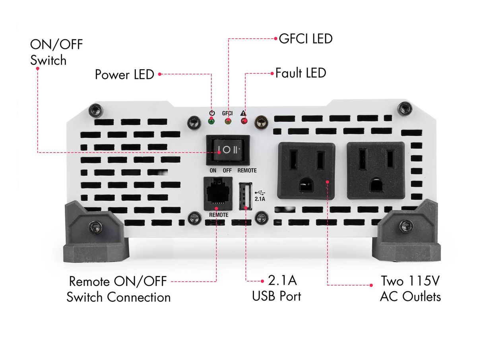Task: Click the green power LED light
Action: coord(211,121)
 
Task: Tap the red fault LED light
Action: coord(244,121)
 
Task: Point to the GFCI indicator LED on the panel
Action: coord(227,121)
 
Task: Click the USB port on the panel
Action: coord(246,196)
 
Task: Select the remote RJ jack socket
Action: coord(218,194)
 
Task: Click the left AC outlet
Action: coord(306,170)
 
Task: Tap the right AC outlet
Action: coord(376,170)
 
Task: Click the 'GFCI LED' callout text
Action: coord(305,39)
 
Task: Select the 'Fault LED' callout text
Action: coord(301,73)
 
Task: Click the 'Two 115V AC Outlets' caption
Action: coord(410,288)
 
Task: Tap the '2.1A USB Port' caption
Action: coord(277,288)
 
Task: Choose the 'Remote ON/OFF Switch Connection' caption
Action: coord(118,289)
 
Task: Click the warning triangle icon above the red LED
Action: coord(243,113)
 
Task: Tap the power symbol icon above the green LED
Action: coord(212,113)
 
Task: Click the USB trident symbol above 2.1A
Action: coord(260,192)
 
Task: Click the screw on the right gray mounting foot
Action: coord(406,226)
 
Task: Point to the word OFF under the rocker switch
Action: coord(227,170)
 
